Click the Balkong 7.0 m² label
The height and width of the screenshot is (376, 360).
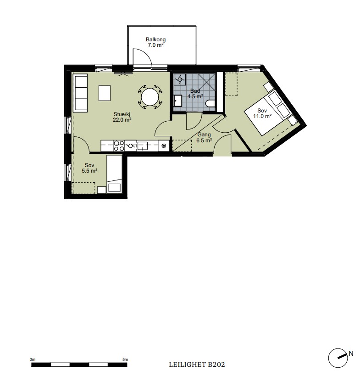[x=155, y=42]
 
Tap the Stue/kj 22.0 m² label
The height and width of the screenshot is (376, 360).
[x=122, y=117]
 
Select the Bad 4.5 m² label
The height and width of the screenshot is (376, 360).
[x=195, y=94]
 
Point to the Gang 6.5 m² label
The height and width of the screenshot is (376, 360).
[x=204, y=138]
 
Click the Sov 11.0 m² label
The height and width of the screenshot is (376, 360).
[x=262, y=113]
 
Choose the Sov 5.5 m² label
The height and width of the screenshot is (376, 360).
[x=89, y=168]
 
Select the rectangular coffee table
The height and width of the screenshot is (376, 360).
[x=105, y=93]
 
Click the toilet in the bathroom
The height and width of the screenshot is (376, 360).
[x=210, y=103]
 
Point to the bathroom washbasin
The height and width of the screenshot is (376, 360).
[x=178, y=101]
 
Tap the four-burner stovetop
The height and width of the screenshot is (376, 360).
[x=119, y=146]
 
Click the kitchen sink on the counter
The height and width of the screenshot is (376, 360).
[x=143, y=146]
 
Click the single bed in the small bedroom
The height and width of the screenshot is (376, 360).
[x=114, y=174]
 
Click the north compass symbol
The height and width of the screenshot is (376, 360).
[x=338, y=358]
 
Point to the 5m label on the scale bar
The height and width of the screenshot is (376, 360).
[x=125, y=359]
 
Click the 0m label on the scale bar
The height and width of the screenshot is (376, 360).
[x=33, y=359]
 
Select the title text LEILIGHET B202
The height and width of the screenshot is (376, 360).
[x=197, y=365]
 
